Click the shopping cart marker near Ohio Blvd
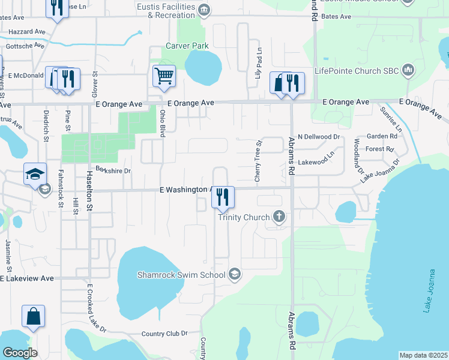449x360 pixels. pos(163,76)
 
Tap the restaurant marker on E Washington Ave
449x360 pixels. pos(222,197)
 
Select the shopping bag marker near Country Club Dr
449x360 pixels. pos(33,316)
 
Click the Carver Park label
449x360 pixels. pos(187,46)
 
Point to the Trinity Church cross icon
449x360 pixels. pos(278,217)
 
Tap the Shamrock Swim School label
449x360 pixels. pos(187,275)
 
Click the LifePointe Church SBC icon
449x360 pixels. pos(408,70)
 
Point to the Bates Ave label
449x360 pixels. pos(337,17)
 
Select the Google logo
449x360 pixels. pos(20,353)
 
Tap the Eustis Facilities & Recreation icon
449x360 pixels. pos(204,9)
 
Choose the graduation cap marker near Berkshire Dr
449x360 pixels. pos(35,174)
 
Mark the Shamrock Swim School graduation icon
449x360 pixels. pos(235,275)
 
